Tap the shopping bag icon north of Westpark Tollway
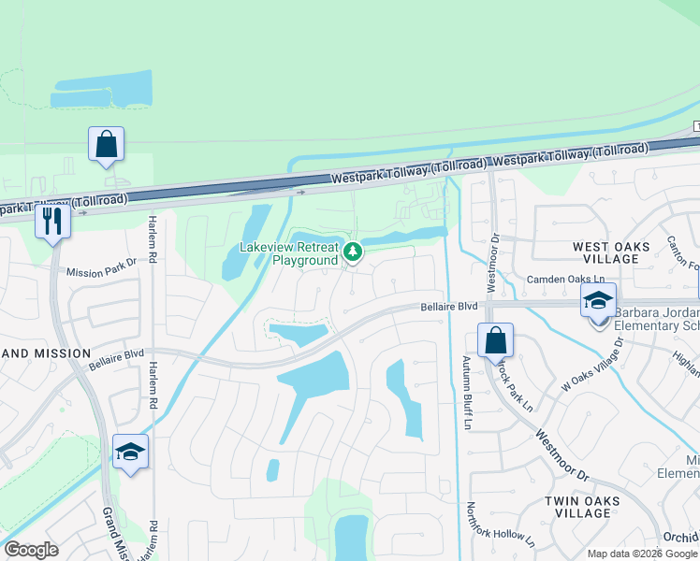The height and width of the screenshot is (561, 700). [x=106, y=146]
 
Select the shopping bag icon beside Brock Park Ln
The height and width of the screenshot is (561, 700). [x=495, y=341]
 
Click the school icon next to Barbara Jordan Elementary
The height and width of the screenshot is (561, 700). [x=598, y=301]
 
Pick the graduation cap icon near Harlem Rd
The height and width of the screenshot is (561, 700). [x=131, y=453]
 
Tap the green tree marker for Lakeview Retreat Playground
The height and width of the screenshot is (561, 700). [x=352, y=252]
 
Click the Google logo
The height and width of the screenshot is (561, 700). [x=31, y=549]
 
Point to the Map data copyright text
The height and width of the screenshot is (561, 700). [x=641, y=554]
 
